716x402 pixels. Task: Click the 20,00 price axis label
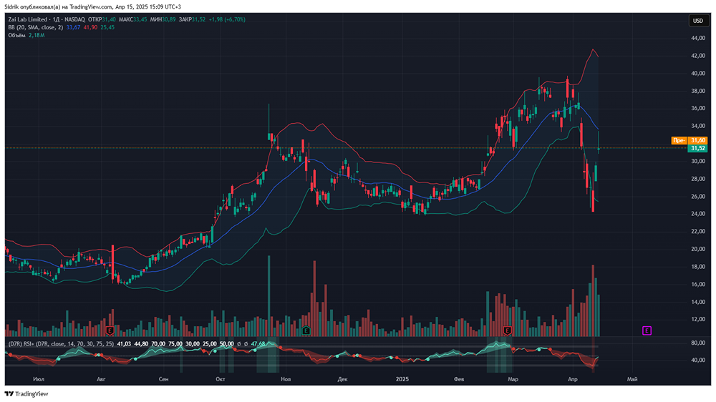tap(698, 249)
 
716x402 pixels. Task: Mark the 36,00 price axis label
tap(698, 108)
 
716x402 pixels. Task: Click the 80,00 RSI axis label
tap(698, 343)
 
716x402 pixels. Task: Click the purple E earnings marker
tap(647, 330)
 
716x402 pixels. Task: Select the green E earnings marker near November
tap(306, 330)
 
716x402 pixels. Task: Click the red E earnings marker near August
tap(110, 331)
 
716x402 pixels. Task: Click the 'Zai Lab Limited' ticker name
tap(29, 19)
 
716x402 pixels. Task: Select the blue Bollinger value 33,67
tap(73, 27)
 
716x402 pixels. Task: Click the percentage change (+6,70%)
tap(233, 19)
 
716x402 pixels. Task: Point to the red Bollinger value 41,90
tap(90, 27)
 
